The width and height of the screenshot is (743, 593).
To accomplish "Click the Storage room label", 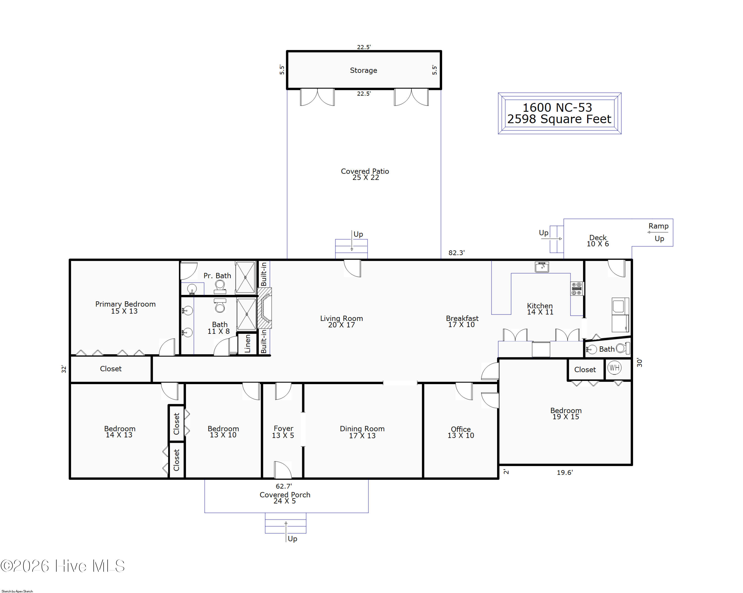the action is coord(363,70).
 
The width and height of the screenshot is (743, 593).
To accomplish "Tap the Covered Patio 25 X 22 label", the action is coord(365,174).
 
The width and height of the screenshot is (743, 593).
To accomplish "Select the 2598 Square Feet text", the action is coord(559,119).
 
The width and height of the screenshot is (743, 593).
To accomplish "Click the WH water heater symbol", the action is coord(614,367).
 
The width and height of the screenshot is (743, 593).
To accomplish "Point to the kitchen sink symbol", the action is coord(542,267).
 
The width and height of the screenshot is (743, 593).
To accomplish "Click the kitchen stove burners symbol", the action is coord(577,289).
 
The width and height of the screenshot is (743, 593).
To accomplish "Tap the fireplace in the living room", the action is coord(265,308).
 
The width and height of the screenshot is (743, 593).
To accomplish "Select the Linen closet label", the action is coord(247,344).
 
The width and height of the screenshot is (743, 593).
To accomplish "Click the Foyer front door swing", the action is coord(283,470).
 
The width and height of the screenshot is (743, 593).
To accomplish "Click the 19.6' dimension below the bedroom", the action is coord(564,472).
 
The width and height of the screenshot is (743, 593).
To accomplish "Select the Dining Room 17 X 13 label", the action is coord(362,432).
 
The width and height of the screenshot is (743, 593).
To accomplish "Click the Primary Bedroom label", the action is coord(125,304).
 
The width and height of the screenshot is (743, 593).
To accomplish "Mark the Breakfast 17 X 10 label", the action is coord(462,321).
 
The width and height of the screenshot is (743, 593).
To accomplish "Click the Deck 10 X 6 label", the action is coord(598,241).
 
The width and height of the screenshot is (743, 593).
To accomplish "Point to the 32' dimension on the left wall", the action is coord(64,369).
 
